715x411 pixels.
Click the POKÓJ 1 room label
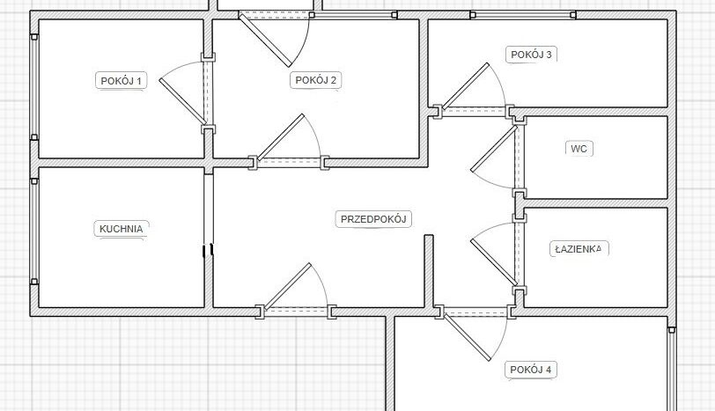[x=121, y=81]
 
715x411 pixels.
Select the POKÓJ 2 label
[x=315, y=80]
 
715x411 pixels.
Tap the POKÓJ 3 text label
[x=531, y=55]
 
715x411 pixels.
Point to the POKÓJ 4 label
[x=531, y=370]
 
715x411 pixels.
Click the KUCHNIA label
[x=122, y=229]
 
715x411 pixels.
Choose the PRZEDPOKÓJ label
[x=373, y=219]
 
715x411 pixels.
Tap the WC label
[x=579, y=149]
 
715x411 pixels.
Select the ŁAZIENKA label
[x=579, y=249]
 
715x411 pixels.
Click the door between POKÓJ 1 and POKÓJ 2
[x=183, y=101]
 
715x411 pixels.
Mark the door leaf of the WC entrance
[x=494, y=149]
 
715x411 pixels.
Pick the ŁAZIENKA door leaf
[x=494, y=262]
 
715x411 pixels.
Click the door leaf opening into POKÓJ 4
[x=468, y=337]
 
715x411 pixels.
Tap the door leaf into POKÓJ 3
[x=466, y=85]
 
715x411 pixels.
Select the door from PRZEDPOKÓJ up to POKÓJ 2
[x=280, y=137]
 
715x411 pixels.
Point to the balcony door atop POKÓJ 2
[x=265, y=40]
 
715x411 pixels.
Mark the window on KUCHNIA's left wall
[x=34, y=232]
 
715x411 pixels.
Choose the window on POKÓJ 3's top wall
[x=523, y=15]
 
